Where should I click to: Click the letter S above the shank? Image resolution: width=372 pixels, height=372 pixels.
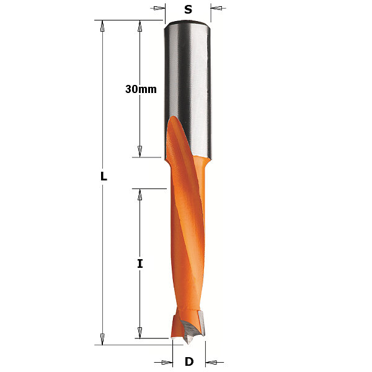click(x=188, y=9)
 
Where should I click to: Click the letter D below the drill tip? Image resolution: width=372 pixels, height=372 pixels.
click(x=189, y=362)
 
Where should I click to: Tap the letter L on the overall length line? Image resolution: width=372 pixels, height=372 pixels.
click(x=104, y=176)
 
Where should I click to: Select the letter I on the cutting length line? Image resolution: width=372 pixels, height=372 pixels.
click(x=140, y=263)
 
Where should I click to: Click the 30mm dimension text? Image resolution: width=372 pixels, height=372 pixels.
click(x=141, y=89)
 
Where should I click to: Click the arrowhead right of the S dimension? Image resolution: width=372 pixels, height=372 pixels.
click(x=216, y=8)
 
